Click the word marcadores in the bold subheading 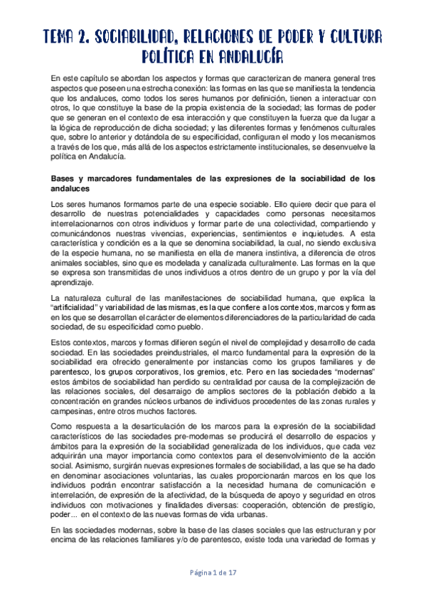click(107, 178)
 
